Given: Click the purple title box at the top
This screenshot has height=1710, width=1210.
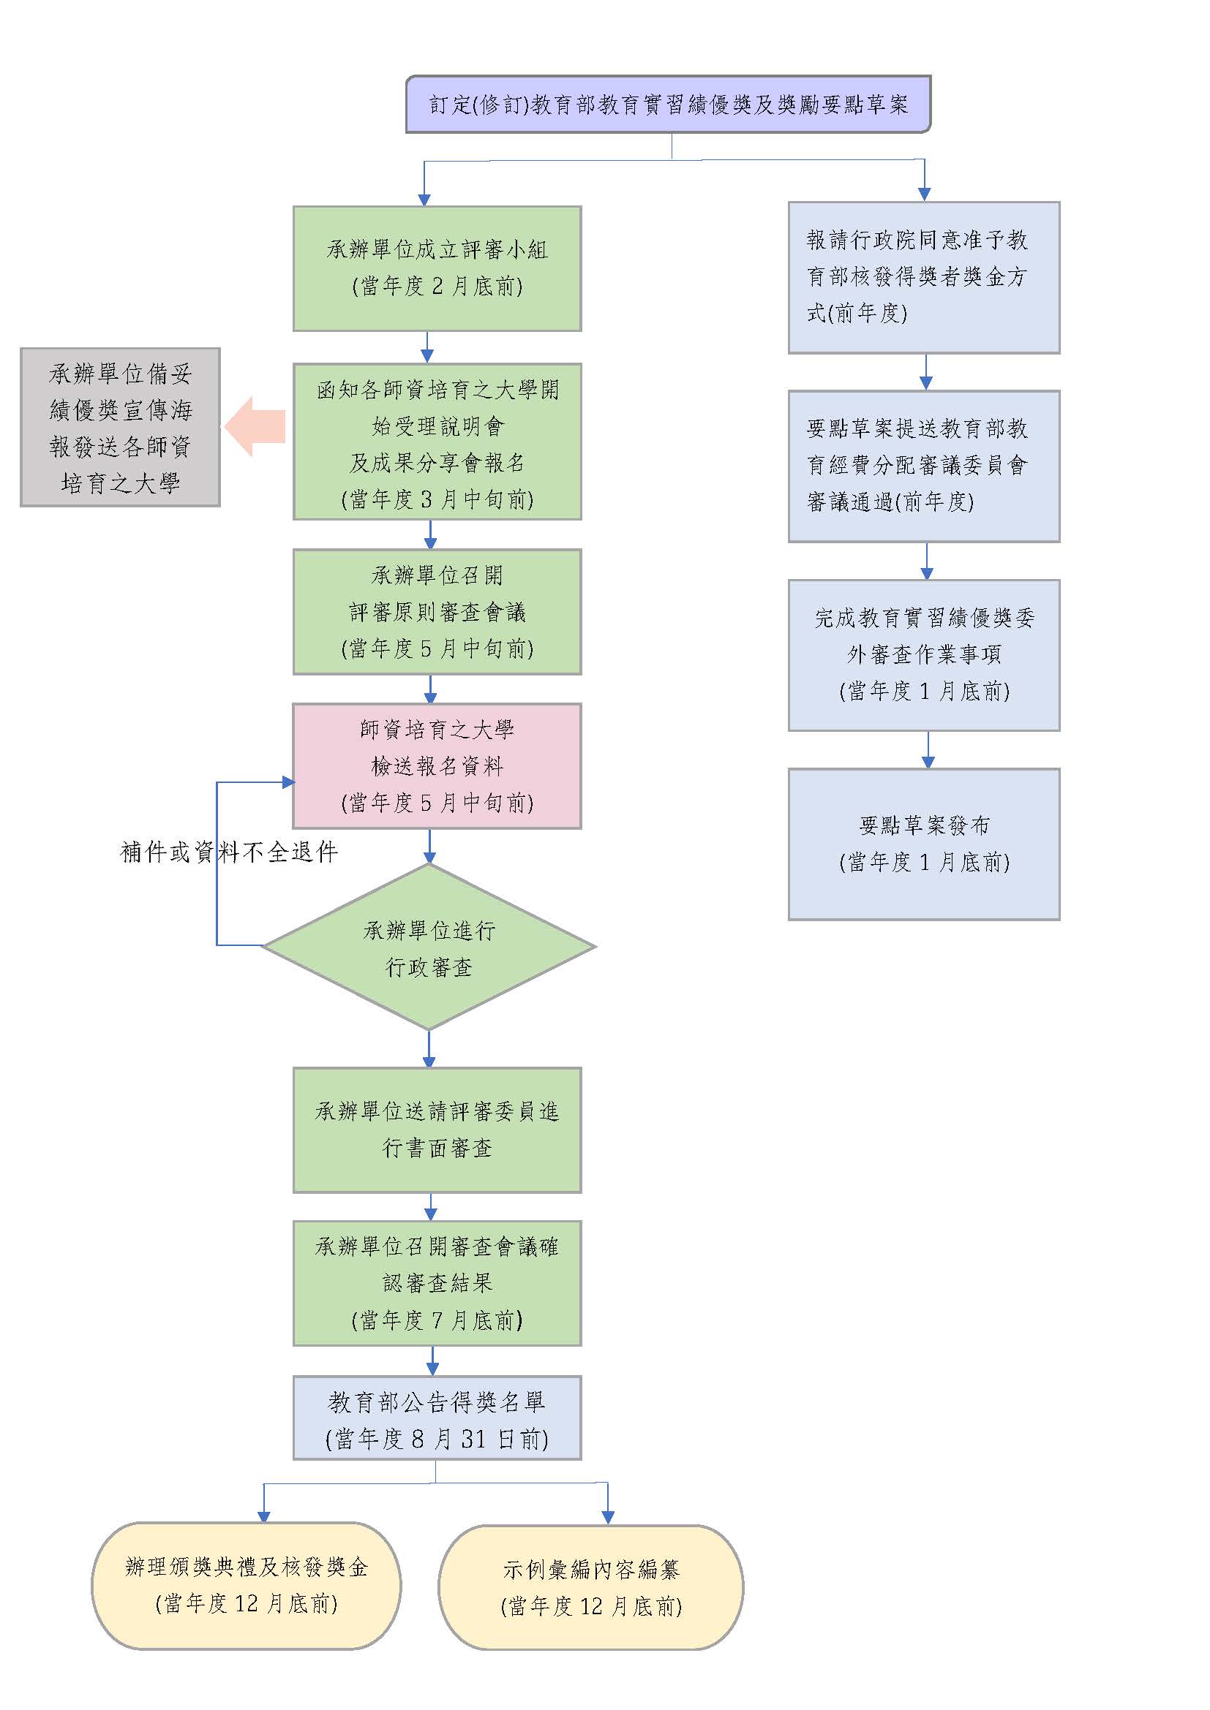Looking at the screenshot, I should tap(668, 105).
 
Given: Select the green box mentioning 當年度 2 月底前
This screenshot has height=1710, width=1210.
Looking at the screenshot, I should tap(437, 268).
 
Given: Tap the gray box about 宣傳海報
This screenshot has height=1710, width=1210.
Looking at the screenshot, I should tap(120, 428).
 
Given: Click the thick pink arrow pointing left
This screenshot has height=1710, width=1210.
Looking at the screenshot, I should tap(255, 427).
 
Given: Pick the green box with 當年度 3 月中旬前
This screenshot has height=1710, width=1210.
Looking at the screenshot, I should tap(437, 442).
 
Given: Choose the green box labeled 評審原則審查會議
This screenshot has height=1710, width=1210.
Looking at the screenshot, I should tap(437, 611).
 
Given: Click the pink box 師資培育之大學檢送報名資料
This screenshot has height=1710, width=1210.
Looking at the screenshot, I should tap(437, 765).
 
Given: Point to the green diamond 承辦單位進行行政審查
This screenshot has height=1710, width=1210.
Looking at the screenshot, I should tap(429, 947).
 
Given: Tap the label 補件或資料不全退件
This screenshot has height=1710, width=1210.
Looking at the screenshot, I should tap(229, 852).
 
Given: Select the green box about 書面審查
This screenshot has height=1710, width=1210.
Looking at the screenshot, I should tap(437, 1130).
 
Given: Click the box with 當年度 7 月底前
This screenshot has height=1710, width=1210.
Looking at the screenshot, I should tap(437, 1283).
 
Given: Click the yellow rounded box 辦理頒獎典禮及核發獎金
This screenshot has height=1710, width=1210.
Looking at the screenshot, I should tap(246, 1586).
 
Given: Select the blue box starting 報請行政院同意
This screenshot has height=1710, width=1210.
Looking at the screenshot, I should tap(924, 277).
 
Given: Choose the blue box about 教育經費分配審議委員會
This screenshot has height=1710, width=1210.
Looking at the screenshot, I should tap(924, 466).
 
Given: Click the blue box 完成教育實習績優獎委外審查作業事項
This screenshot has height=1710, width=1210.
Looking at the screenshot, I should tap(924, 655).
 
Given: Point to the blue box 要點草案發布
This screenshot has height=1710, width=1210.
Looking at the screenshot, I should tap(924, 844).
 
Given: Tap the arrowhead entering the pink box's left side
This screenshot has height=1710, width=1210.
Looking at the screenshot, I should tap(288, 782).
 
